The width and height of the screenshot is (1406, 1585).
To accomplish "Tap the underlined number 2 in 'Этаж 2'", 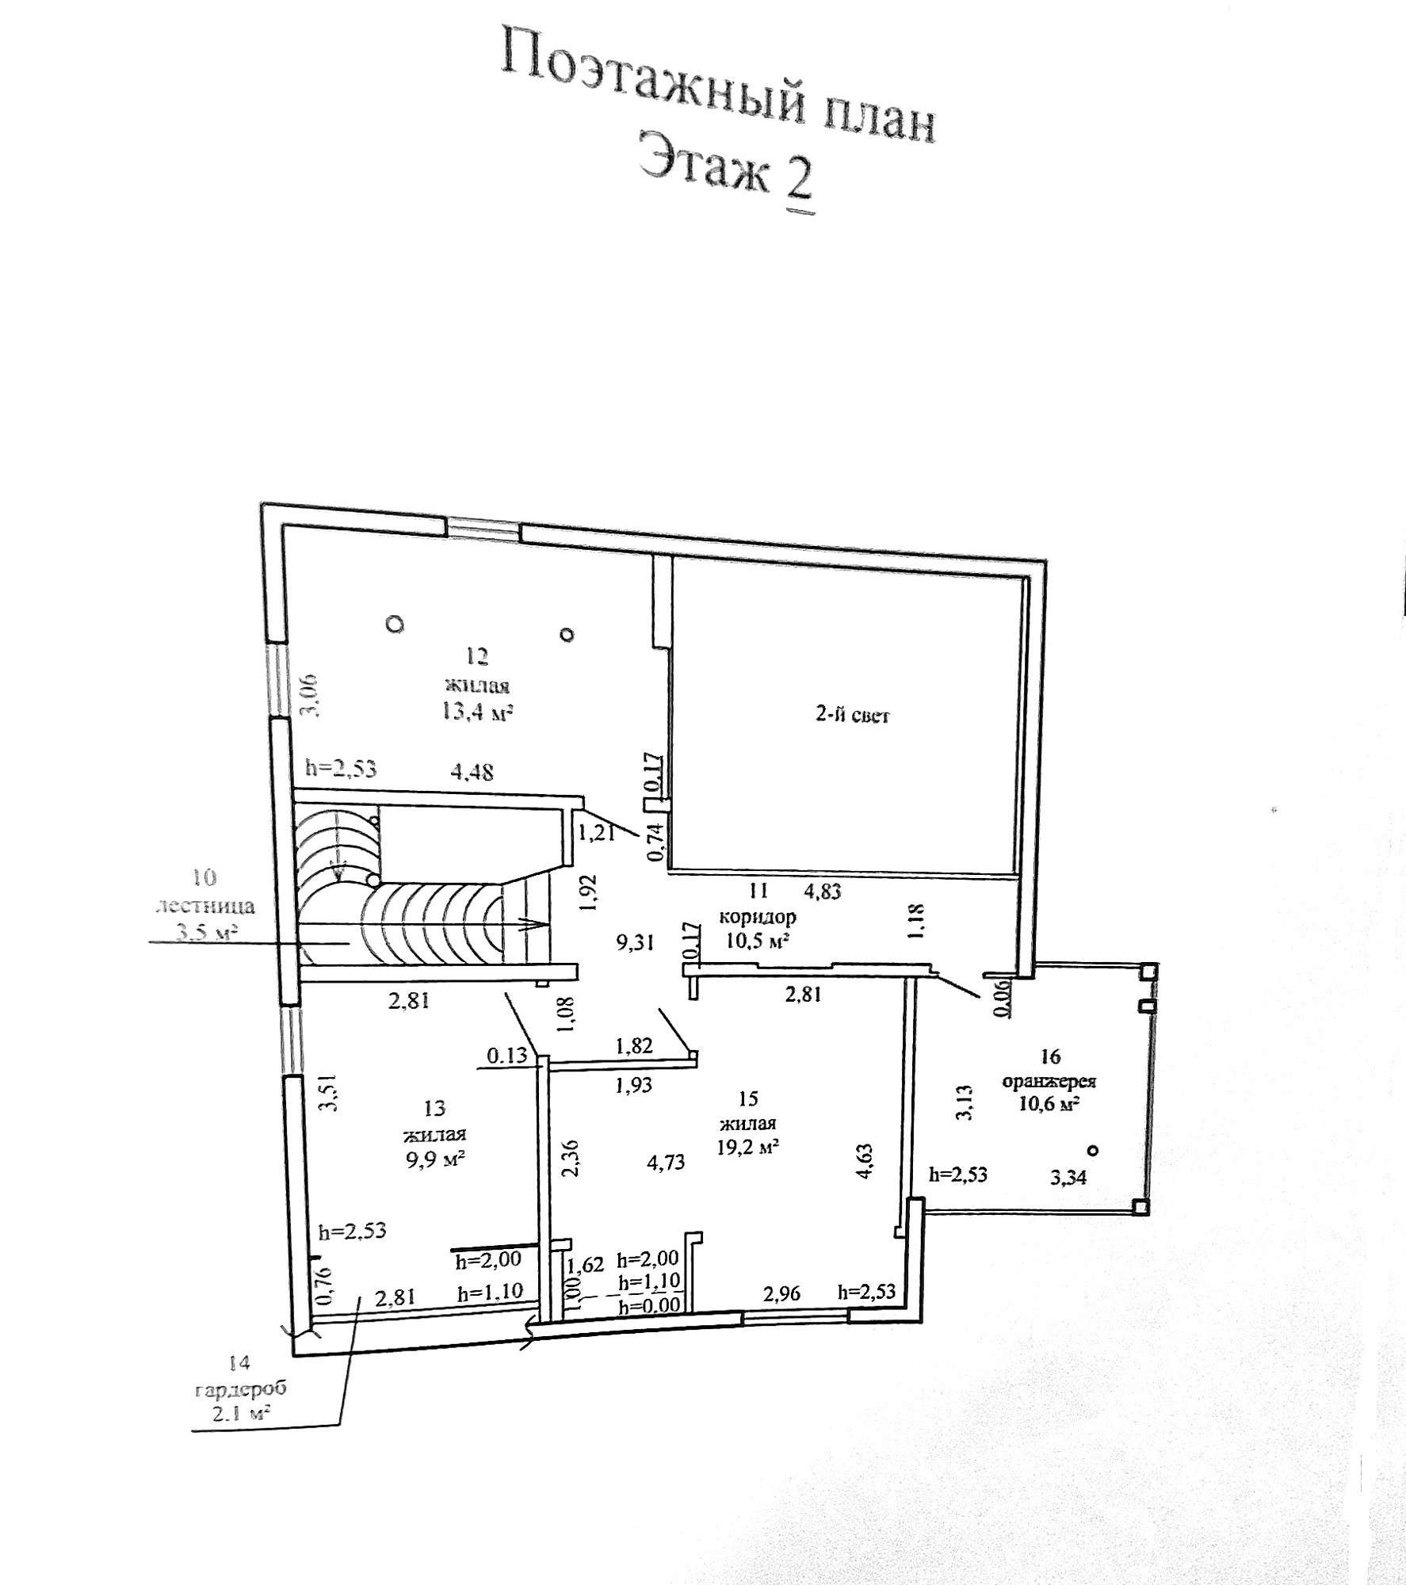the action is [x=799, y=181].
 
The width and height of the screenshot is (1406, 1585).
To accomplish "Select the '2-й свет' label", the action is [x=853, y=715].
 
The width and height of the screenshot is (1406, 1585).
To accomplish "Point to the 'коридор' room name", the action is [x=758, y=917].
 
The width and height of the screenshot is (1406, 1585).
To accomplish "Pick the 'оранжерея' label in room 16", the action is [x=1049, y=1082].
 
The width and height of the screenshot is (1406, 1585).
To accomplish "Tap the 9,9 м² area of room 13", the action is [x=434, y=1159].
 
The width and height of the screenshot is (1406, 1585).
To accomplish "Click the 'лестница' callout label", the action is [x=206, y=905].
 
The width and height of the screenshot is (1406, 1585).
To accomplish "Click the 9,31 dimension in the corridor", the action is [x=636, y=942].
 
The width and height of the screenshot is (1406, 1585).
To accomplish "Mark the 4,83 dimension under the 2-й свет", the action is [x=823, y=891].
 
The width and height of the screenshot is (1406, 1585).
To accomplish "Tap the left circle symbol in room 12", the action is [x=395, y=624].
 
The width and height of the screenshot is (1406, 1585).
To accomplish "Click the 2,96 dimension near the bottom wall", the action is [x=781, y=1293].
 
